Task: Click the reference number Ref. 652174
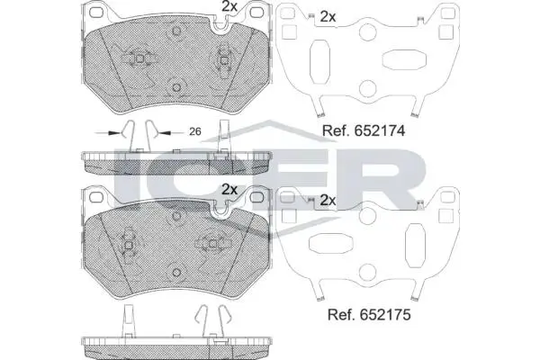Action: click(x=364, y=130)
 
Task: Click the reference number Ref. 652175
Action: click(x=369, y=314)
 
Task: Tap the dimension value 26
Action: click(x=195, y=131)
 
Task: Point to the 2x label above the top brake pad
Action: click(x=229, y=6)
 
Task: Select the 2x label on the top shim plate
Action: click(x=328, y=16)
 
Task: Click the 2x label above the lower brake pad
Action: click(x=229, y=189)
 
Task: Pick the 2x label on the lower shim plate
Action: click(x=328, y=200)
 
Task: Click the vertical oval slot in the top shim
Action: click(x=319, y=62)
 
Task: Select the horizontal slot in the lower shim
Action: click(x=330, y=244)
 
